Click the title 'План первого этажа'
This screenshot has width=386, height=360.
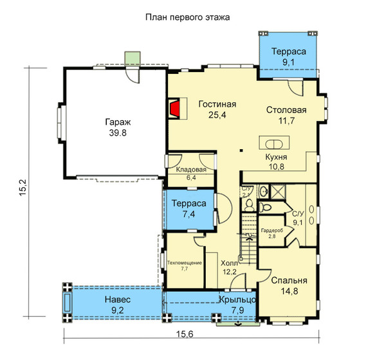[x=188, y=17]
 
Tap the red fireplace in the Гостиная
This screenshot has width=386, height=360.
[x=174, y=109]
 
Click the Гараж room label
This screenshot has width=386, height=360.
[x=118, y=122]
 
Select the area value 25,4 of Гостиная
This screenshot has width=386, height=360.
[x=217, y=115]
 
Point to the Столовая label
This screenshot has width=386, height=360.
[x=286, y=110]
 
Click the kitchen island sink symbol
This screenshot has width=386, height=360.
[x=274, y=144]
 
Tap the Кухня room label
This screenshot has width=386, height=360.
[x=276, y=157]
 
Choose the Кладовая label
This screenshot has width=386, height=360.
[x=191, y=170]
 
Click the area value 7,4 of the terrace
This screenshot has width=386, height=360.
[x=188, y=214]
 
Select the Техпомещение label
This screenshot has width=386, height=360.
[x=185, y=263]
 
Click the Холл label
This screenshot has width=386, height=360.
[x=229, y=264]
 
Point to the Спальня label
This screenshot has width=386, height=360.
[x=289, y=280]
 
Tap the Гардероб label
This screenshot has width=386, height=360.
[x=272, y=231]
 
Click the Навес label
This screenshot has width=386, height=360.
[x=118, y=300]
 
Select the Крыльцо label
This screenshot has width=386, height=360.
[x=238, y=300]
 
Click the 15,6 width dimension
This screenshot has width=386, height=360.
[x=185, y=334]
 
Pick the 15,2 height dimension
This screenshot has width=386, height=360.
[x=24, y=187]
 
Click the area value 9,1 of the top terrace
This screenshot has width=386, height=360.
[x=288, y=62]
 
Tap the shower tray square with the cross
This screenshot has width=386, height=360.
[x=278, y=192]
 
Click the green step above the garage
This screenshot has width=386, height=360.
[x=133, y=59]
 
